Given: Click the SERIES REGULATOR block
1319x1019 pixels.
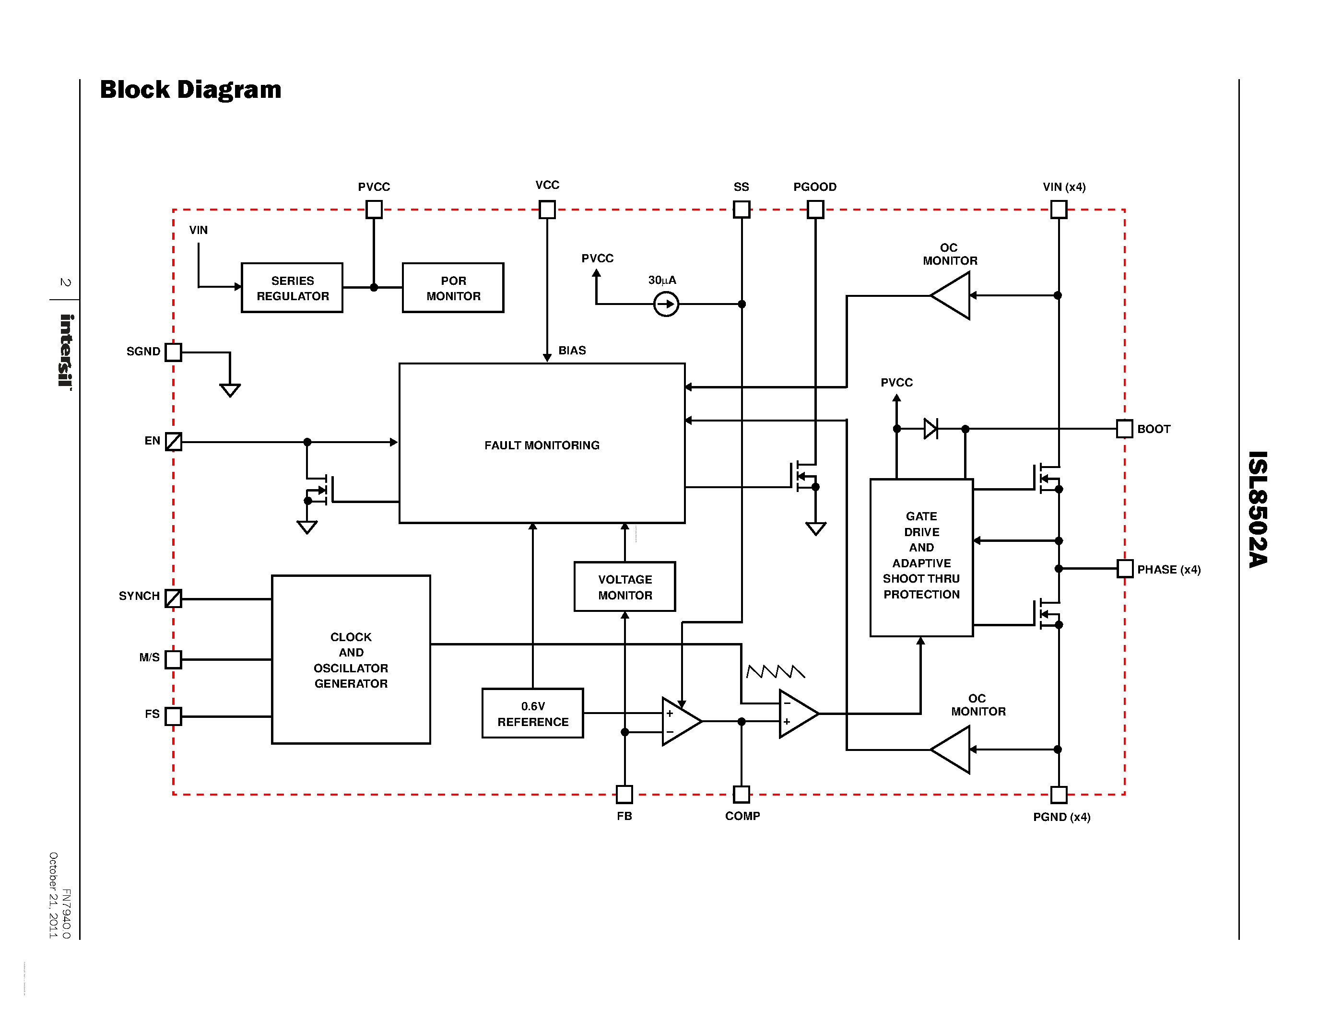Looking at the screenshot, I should (x=292, y=288).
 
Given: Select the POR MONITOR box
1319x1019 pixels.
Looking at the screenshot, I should (x=453, y=288).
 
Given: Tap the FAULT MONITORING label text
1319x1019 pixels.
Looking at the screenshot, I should (x=542, y=445).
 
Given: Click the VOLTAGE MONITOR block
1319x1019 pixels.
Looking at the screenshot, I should (x=624, y=587).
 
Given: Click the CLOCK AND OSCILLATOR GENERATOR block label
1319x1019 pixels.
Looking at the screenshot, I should (x=351, y=660).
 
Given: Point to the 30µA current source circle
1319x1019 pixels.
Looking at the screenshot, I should (x=666, y=304).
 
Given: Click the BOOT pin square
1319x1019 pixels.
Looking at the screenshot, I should (x=1124, y=429).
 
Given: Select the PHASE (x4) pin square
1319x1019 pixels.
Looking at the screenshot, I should (x=1125, y=569).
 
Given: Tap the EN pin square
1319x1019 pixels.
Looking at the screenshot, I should (x=173, y=441).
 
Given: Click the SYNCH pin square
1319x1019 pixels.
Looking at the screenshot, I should (x=173, y=598).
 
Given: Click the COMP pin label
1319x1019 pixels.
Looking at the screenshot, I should (x=742, y=816).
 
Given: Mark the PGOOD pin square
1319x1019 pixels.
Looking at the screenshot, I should (x=815, y=210).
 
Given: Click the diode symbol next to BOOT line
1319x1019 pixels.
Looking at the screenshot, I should (x=930, y=429).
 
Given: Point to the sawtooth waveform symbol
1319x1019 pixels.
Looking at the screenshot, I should (x=776, y=671).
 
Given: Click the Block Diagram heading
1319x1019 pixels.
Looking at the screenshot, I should (x=191, y=89).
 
